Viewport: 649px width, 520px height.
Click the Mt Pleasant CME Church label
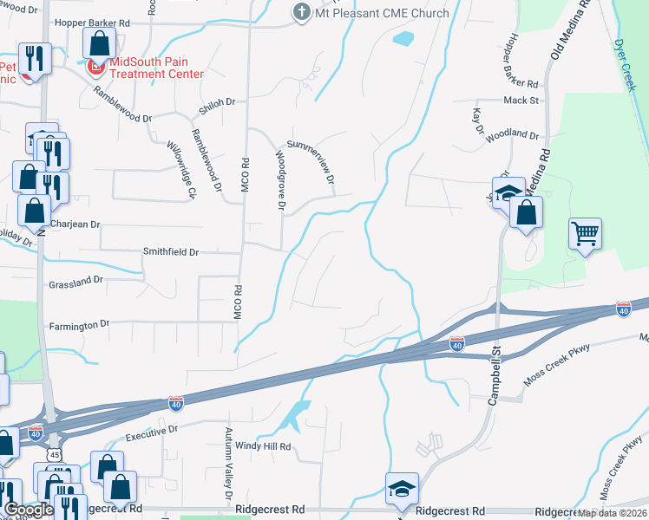(382, 13)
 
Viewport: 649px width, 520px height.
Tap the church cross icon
(301, 13)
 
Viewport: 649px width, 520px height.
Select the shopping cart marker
(586, 232)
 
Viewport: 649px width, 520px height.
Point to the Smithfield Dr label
(171, 252)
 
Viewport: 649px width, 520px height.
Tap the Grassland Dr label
(76, 281)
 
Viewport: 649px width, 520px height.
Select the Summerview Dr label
(310, 162)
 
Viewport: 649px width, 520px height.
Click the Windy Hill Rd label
(262, 447)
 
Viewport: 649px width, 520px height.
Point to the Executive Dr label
(152, 429)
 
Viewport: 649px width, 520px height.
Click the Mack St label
(521, 101)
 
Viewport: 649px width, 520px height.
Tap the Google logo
(29, 510)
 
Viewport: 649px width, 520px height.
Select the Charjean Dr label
(75, 224)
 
